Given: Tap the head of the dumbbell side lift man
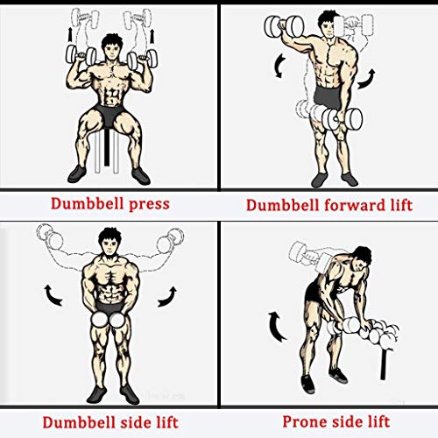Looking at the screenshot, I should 109,241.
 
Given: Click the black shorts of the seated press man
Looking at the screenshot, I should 109,118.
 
